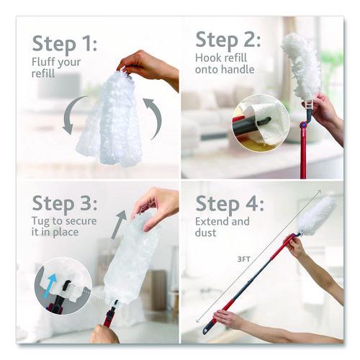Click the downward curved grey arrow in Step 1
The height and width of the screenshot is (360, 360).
click(x=71, y=118)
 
